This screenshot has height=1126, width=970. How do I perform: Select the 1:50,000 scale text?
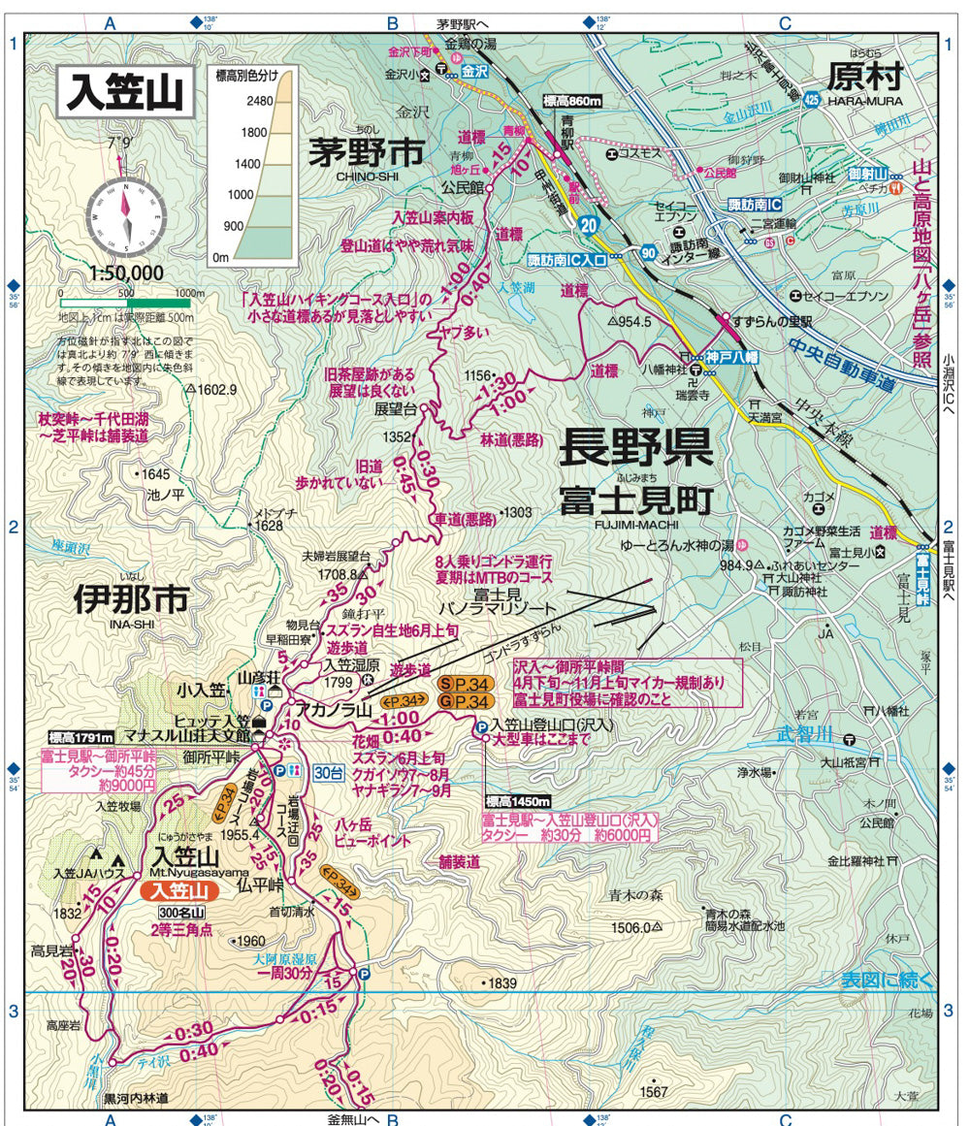point(125,273)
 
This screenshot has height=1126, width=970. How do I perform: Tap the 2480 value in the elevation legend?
point(232,101)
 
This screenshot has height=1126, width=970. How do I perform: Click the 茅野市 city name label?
point(368,152)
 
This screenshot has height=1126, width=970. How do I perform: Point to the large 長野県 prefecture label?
point(636,448)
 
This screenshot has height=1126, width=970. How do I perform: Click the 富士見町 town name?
point(635,500)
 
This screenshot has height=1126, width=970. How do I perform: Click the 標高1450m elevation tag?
point(517,801)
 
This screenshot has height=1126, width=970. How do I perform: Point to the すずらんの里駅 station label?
point(772,322)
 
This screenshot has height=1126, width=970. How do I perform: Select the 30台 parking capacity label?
point(330,772)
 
